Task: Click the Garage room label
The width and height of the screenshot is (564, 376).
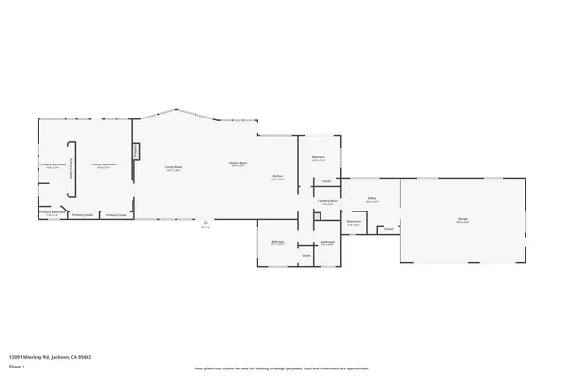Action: [x=462, y=219]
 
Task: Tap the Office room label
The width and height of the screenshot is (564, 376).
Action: [x=372, y=199]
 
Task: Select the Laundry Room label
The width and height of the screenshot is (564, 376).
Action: [x=327, y=200]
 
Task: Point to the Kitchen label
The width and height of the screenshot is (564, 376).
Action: [x=278, y=176]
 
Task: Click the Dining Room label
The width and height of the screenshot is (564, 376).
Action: [x=238, y=164]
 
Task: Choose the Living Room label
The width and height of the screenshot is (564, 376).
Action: [x=175, y=168]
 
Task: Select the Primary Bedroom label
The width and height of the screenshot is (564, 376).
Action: [x=102, y=165]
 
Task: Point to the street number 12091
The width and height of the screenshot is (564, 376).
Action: [x=16, y=357]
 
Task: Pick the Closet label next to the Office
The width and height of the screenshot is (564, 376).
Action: [x=387, y=228]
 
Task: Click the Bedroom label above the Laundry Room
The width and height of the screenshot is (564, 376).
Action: [x=319, y=157]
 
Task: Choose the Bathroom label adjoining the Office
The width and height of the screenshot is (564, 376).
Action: [x=353, y=222]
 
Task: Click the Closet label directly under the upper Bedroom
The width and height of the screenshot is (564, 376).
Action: [x=326, y=181]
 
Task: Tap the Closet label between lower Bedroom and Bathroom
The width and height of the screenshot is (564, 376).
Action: [x=306, y=255]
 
